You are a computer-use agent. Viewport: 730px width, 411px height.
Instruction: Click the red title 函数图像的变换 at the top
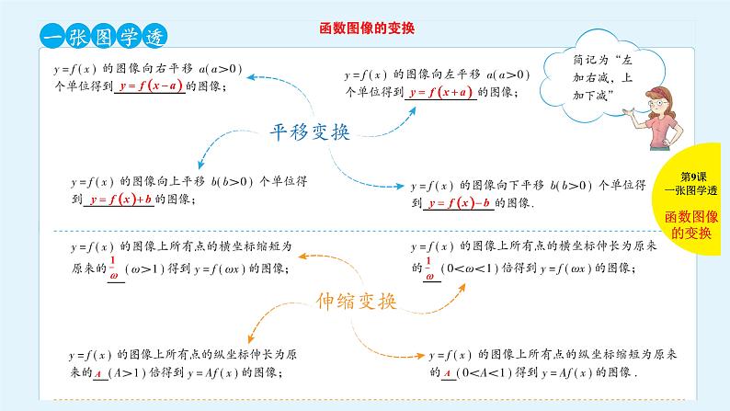(366, 29)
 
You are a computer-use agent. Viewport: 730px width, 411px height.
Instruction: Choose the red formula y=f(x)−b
(457, 202)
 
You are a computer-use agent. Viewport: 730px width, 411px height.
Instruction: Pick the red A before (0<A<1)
(445, 373)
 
